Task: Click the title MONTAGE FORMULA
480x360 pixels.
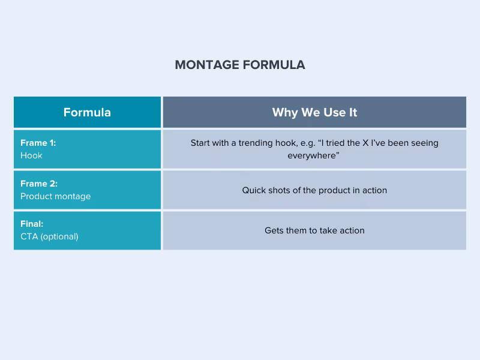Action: point(240,65)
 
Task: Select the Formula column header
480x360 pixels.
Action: point(87,112)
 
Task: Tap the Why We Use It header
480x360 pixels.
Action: point(314,112)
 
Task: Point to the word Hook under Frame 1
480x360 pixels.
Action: point(31,155)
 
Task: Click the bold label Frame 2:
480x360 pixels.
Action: point(39,184)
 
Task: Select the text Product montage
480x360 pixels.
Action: point(55,196)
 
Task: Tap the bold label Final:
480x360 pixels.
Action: point(32,224)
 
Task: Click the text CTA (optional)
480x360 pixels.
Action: point(49,236)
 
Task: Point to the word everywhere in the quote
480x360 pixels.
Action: point(312,155)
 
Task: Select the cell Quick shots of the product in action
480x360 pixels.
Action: point(314,190)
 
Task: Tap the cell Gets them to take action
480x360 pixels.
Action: point(314,230)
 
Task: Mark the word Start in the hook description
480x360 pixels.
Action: point(201,143)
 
